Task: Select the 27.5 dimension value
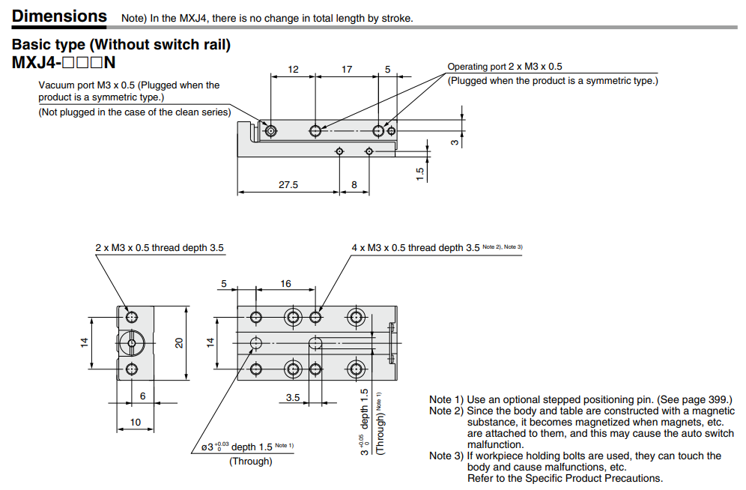[288, 184]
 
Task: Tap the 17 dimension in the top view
[347, 70]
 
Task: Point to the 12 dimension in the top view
[293, 70]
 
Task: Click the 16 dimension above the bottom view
[285, 284]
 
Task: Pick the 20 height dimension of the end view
[179, 342]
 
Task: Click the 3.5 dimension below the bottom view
[293, 397]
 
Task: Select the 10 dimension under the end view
[135, 423]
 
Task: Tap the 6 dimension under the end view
[142, 396]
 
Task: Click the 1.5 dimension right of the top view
[420, 173]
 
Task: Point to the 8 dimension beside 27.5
[354, 184]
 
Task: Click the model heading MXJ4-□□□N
[64, 63]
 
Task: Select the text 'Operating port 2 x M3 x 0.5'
[504, 67]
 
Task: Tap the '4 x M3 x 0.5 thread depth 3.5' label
[415, 248]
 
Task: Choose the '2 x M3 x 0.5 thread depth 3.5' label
[159, 248]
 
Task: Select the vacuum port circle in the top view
[270, 131]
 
